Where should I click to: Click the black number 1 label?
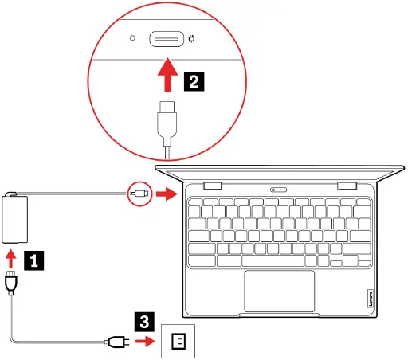pyautogui.click(x=33, y=259)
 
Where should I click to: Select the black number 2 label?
pyautogui.click(x=194, y=80)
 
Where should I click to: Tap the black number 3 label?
pyautogui.click(x=143, y=323)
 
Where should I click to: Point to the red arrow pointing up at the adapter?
pyautogui.click(x=11, y=258)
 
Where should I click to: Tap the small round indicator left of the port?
pyautogui.click(x=133, y=38)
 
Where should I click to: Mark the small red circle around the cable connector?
pyautogui.click(x=139, y=193)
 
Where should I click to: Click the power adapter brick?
pyautogui.click(x=14, y=219)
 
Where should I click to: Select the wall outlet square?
pyautogui.click(x=178, y=342)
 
